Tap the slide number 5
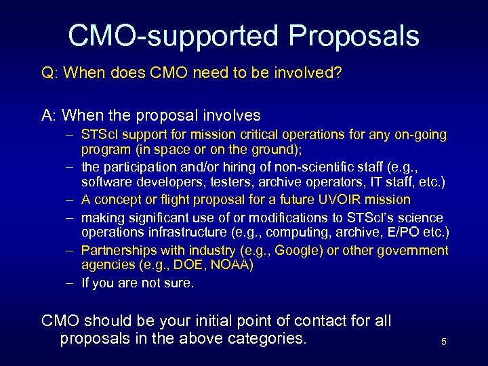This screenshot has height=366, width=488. (x=443, y=342)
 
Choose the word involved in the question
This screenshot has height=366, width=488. (x=305, y=73)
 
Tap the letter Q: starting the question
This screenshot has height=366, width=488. (x=49, y=73)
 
